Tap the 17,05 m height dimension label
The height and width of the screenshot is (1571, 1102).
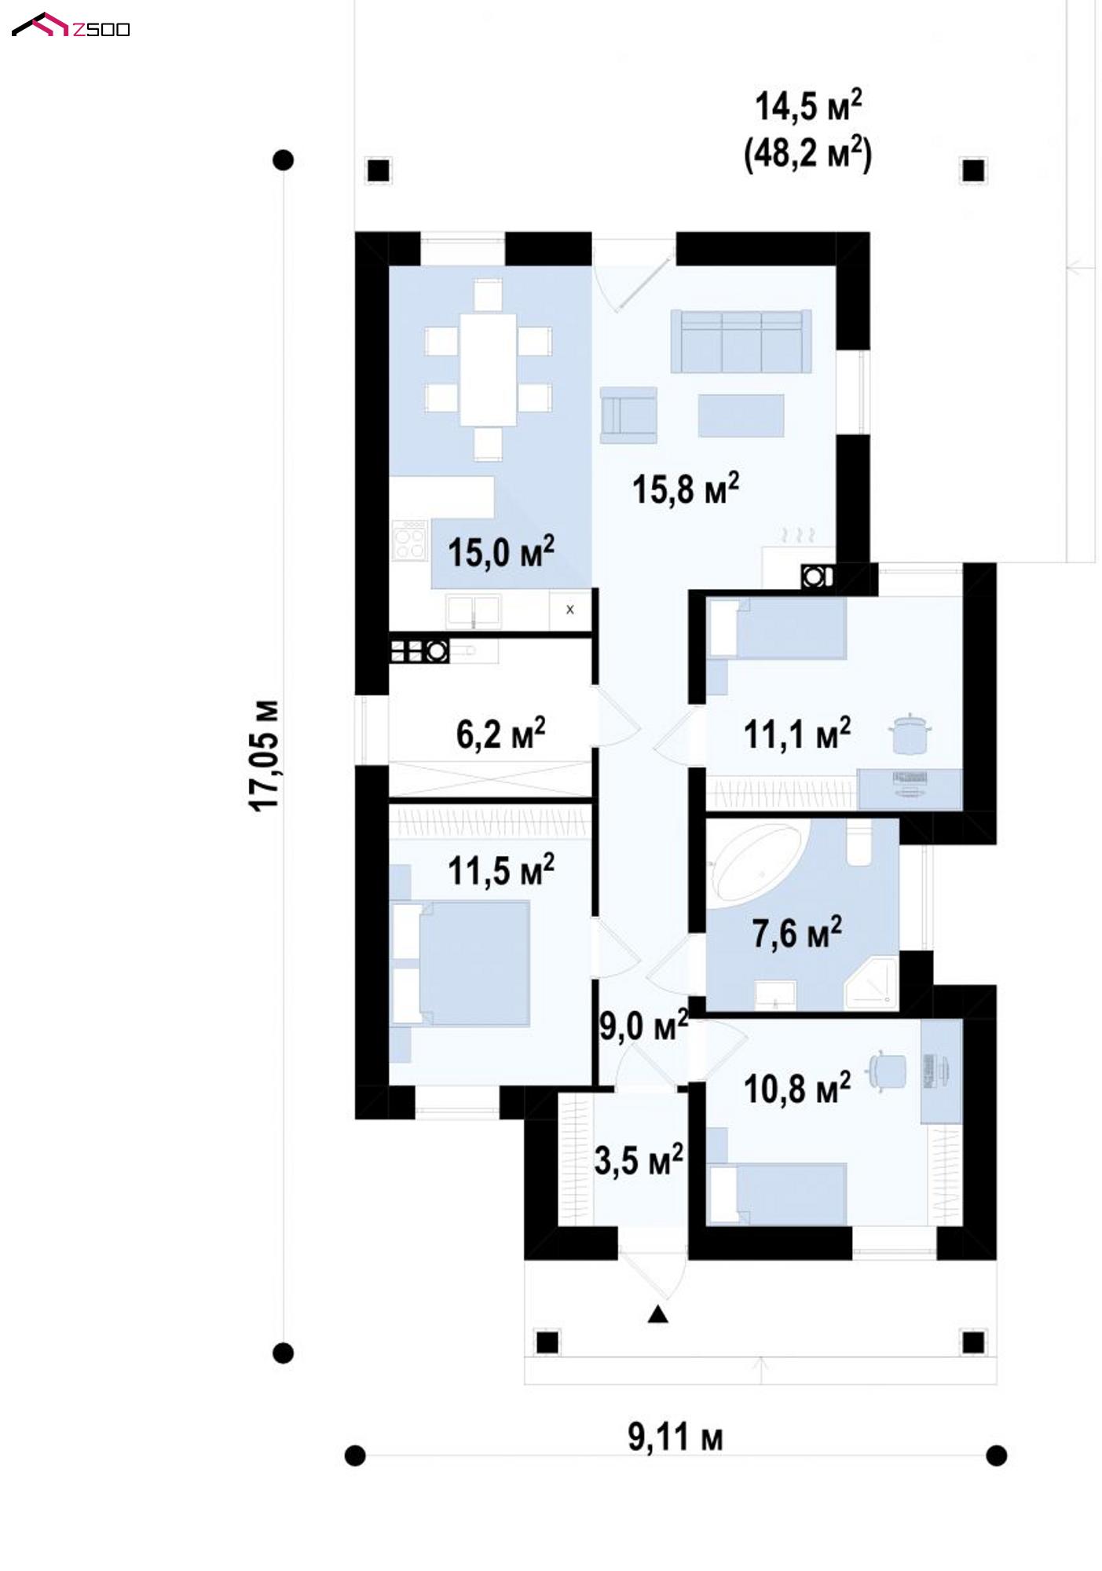coord(265,755)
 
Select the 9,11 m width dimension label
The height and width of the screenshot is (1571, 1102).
coord(675,1437)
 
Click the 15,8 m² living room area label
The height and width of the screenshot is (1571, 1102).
coord(686,489)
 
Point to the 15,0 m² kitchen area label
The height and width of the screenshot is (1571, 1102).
coord(501,551)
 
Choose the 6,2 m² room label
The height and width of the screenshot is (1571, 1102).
coord(501,734)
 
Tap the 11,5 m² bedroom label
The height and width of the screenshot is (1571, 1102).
coord(501,870)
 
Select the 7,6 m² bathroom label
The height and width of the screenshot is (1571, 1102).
coord(797,932)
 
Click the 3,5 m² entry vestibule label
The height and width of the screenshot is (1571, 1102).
coord(639,1160)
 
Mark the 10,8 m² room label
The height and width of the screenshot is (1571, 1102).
coord(796,1088)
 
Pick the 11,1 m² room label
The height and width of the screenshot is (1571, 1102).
coord(796,734)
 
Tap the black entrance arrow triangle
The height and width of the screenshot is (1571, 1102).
coord(658,1314)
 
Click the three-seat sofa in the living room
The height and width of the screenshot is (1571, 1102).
coord(741,341)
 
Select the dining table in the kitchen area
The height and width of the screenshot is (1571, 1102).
coord(488,369)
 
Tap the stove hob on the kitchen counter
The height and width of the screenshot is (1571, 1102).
coord(408,540)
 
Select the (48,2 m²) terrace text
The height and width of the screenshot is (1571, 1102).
coord(807,152)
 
